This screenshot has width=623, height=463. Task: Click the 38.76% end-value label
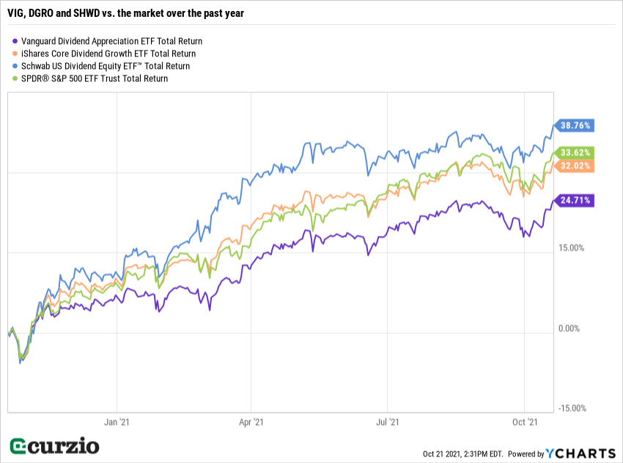pyautogui.click(x=575, y=125)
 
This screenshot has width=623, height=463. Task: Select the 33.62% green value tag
pyautogui.click(x=575, y=152)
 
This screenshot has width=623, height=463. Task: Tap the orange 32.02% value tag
pyautogui.click(x=575, y=166)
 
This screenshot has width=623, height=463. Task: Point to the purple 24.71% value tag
pyautogui.click(x=575, y=199)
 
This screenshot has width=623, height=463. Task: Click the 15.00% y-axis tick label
pyautogui.click(x=571, y=248)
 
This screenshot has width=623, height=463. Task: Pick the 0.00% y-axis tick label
pyautogui.click(x=569, y=328)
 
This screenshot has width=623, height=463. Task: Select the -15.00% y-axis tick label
pyautogui.click(x=572, y=408)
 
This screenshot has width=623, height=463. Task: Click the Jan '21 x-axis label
pyautogui.click(x=118, y=422)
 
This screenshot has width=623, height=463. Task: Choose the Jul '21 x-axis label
pyautogui.click(x=388, y=422)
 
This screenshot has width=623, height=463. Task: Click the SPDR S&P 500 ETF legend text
pyautogui.click(x=95, y=78)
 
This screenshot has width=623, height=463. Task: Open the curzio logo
pyautogui.click(x=55, y=445)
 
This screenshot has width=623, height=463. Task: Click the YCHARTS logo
pyautogui.click(x=580, y=453)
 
